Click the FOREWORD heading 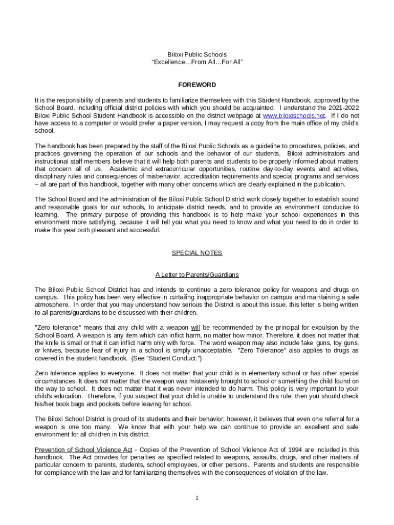(x=197, y=85)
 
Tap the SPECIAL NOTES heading (x=197, y=253)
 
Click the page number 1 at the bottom (x=197, y=498)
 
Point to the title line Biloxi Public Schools (x=197, y=54)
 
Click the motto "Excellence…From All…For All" (x=197, y=62)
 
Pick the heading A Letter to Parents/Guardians (x=197, y=275)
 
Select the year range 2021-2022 (x=342, y=108)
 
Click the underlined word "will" (x=195, y=328)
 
